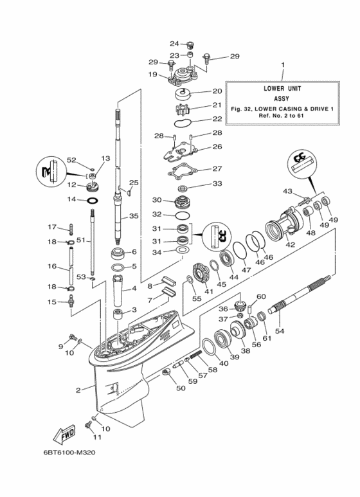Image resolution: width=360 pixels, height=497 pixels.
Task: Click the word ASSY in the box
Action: (x=282, y=98)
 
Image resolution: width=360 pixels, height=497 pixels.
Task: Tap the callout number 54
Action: (x=280, y=331)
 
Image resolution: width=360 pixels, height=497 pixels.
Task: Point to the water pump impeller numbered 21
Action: (x=183, y=109)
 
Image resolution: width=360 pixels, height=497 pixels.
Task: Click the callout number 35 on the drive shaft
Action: (x=134, y=216)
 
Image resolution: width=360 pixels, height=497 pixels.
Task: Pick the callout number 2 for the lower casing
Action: (x=78, y=390)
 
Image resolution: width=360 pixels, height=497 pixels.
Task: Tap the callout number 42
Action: (x=291, y=244)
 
